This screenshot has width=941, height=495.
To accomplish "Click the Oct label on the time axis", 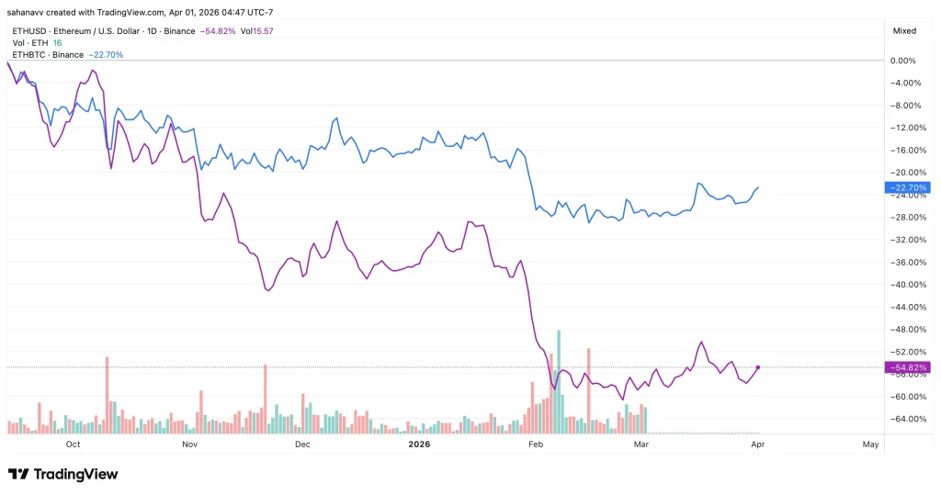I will pyautogui.click(x=74, y=444).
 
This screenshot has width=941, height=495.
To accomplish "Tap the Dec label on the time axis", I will pyautogui.click(x=303, y=444).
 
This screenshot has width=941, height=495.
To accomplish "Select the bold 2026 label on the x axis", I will pyautogui.click(x=418, y=444).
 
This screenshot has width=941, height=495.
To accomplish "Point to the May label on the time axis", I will pyautogui.click(x=871, y=444).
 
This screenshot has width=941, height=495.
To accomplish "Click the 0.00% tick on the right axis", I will pyautogui.click(x=904, y=61).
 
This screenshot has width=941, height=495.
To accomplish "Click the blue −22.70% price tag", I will pyautogui.click(x=905, y=187).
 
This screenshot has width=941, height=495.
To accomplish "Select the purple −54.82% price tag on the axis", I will pyautogui.click(x=905, y=367).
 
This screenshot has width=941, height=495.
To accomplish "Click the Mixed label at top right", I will pyautogui.click(x=904, y=30).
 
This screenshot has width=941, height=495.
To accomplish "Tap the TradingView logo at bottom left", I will pyautogui.click(x=62, y=474).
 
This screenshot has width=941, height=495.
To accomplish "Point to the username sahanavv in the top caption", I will pyautogui.click(x=28, y=12).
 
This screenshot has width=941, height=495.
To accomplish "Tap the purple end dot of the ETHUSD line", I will pyautogui.click(x=757, y=367).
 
